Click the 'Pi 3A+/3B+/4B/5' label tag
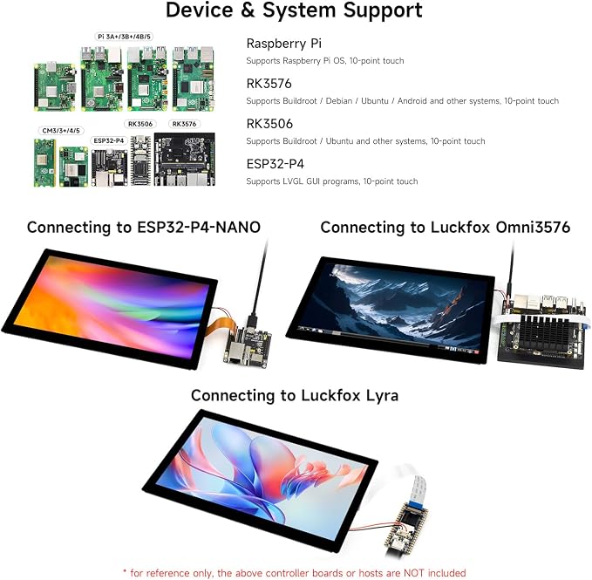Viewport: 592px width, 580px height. [x=124, y=37]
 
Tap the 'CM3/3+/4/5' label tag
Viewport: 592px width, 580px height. [x=61, y=131]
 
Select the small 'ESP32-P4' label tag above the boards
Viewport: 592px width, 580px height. [x=109, y=140]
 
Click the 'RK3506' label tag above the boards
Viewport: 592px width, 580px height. [x=140, y=124]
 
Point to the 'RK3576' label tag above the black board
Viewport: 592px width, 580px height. [x=184, y=124]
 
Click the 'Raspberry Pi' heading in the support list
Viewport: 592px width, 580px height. [x=284, y=44]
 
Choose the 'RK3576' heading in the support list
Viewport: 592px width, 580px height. [x=269, y=84]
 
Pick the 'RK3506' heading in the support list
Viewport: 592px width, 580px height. [x=269, y=124]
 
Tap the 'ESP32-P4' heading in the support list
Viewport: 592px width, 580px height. [x=275, y=164]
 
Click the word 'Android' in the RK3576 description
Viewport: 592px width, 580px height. [x=412, y=101]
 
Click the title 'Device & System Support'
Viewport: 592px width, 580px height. [x=294, y=10]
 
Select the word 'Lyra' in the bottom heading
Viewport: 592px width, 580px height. [x=382, y=396]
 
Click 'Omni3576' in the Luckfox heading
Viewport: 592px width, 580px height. [x=533, y=228]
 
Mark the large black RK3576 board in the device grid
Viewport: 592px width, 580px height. [x=185, y=159]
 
